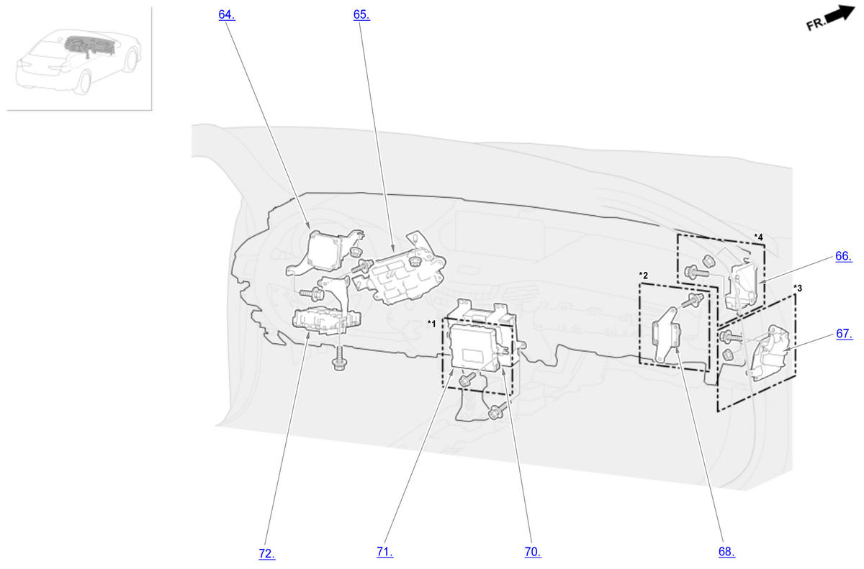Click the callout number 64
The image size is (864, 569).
tap(227, 14)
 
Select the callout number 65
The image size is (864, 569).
tap(361, 14)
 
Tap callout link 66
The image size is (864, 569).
tap(844, 256)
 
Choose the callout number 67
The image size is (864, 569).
tap(845, 334)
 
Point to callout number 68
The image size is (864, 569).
tap(726, 552)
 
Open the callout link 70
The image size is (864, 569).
tap(533, 552)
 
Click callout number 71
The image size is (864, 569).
tap(385, 552)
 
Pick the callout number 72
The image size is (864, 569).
tap(267, 554)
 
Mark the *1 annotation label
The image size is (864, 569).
tap(431, 324)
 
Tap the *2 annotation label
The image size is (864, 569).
tap(644, 276)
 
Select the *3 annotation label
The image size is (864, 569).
tap(798, 288)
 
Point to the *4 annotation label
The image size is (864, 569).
tap(758, 237)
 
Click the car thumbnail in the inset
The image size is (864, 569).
tap(78, 62)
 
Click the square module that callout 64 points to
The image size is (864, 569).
tap(326, 250)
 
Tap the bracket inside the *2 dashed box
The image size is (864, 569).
tap(666, 335)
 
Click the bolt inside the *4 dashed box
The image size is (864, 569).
tap(697, 273)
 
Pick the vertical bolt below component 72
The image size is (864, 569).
tap(339, 359)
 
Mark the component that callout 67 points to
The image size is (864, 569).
tap(770, 353)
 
